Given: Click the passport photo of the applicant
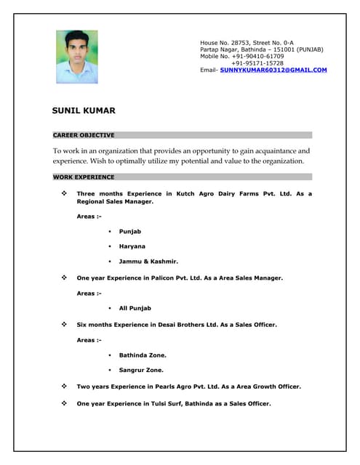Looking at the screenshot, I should tap(76, 57).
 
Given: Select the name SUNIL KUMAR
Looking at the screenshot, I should tap(84, 110).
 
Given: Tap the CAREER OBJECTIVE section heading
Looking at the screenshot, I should tap(84, 135).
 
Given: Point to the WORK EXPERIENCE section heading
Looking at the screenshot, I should tap(84, 177).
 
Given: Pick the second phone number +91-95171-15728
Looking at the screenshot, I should tap(257, 63).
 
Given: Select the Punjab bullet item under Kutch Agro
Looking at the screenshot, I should tap(130, 231).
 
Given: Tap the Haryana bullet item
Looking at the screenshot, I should tap(132, 246).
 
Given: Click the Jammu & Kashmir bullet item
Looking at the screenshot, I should tap(148, 261).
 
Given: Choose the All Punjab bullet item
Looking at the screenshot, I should tap(135, 308).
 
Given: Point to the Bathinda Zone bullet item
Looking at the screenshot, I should tap(143, 355).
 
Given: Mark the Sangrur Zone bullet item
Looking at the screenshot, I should tap(141, 370).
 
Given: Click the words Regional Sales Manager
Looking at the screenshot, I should tap(115, 201).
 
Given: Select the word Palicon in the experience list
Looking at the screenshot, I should tap(168, 278).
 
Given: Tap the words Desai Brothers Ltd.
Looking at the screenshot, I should tap(191, 324).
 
